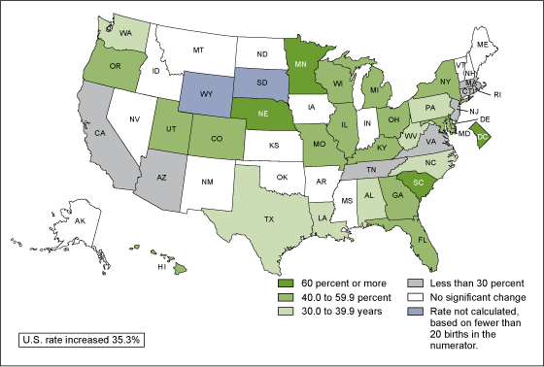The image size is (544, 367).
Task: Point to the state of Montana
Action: coord(200,48)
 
